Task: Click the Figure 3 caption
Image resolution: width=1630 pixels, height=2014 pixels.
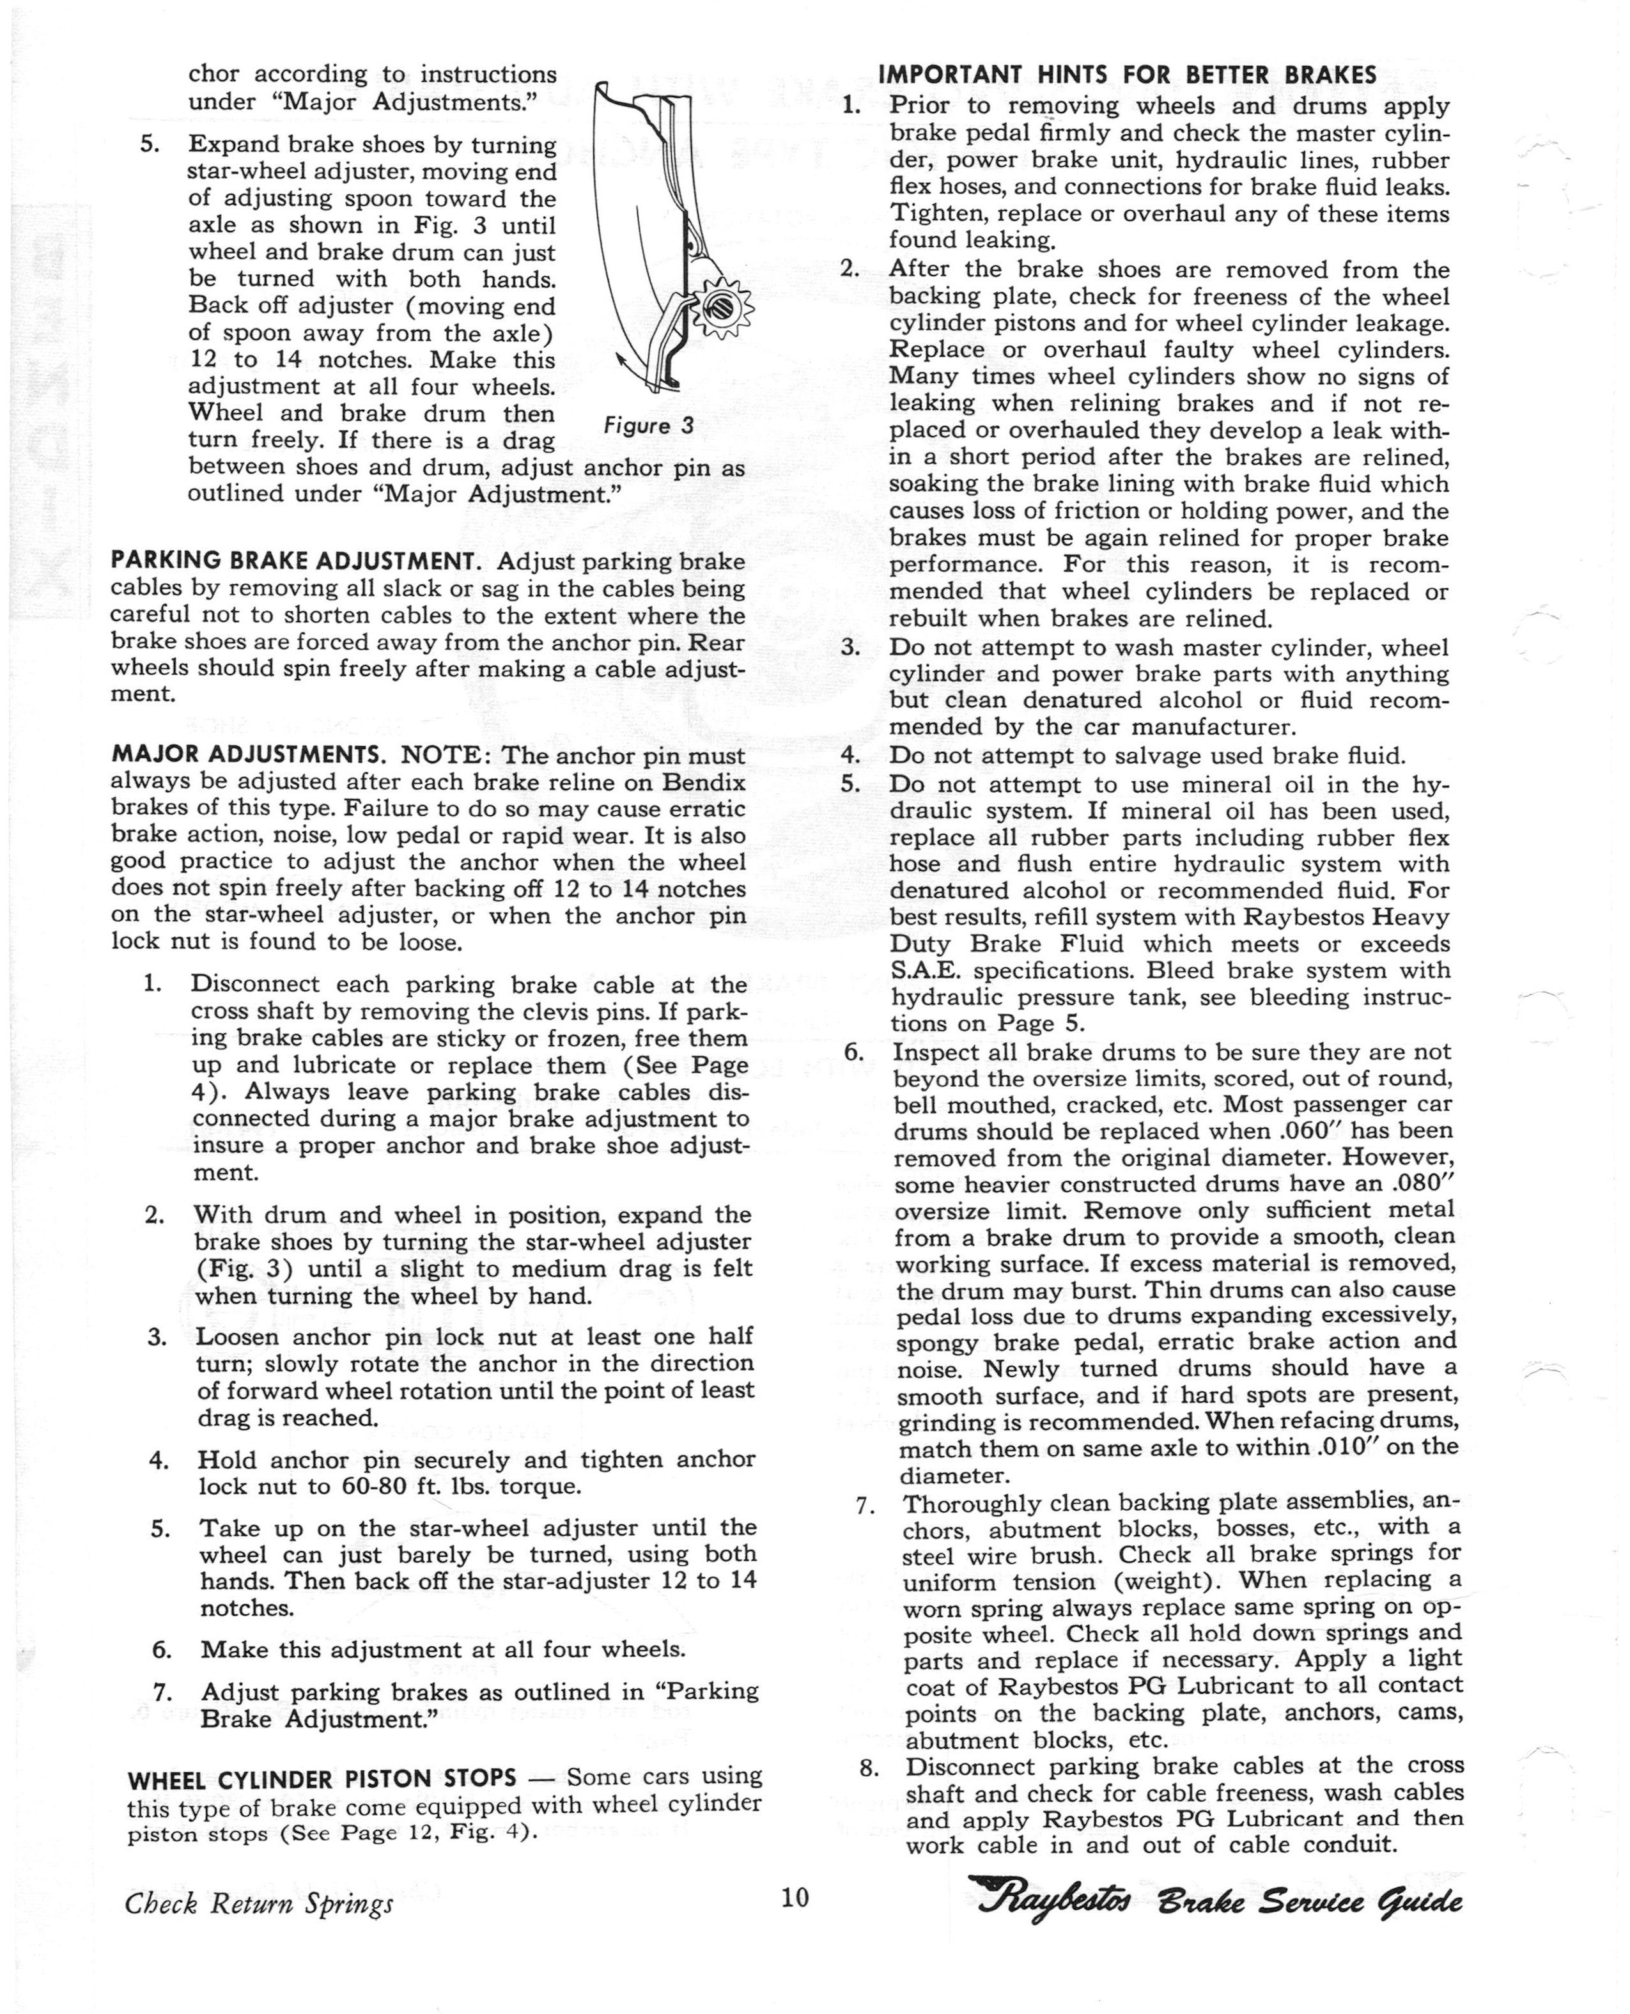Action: pos(648,425)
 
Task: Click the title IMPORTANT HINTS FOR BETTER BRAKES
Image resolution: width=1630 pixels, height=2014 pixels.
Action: pos(1127,74)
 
